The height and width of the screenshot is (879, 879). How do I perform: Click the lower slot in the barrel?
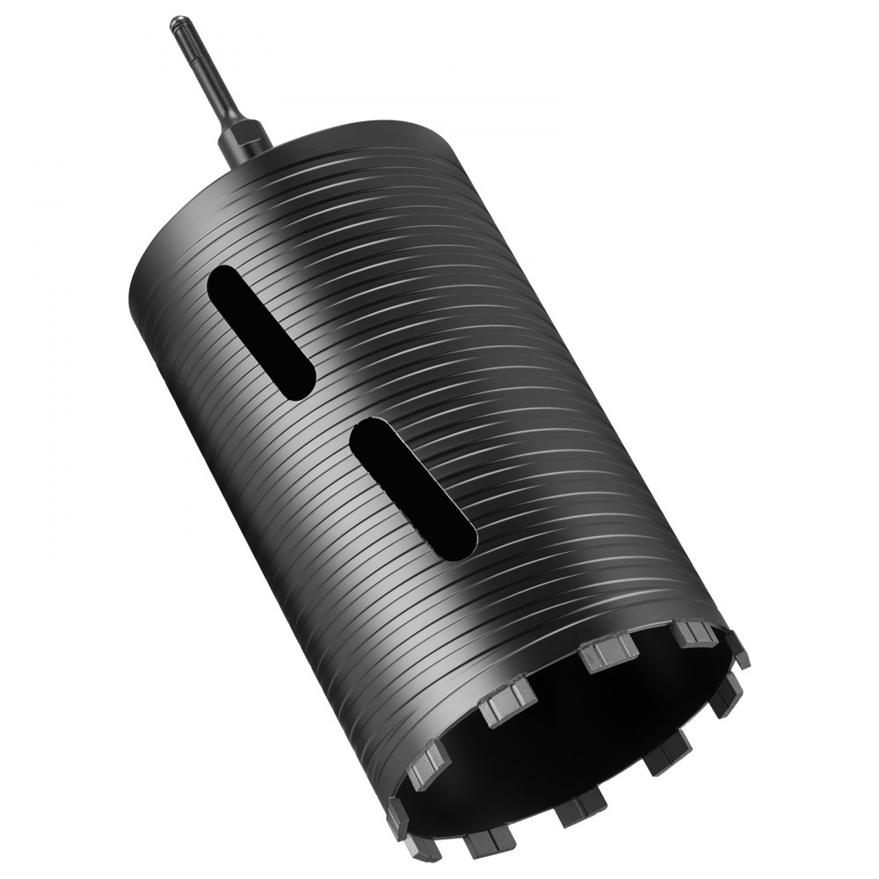[413, 489]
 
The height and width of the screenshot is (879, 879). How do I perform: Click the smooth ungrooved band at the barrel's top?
[290, 185]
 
